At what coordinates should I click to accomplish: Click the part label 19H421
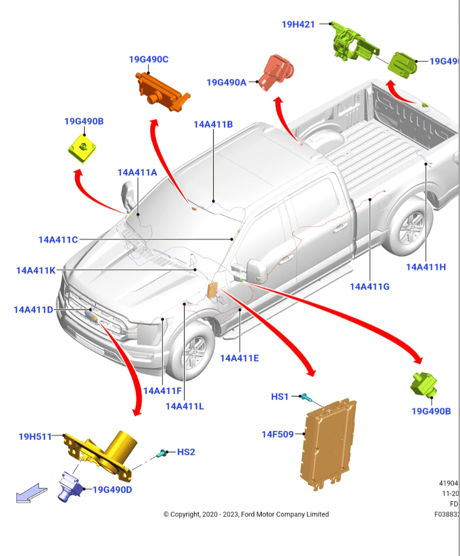[298, 24]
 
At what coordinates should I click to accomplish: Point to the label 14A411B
[213, 124]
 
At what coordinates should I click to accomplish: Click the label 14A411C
[58, 240]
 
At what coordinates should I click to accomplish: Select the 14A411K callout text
[36, 270]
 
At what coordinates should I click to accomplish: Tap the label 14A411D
[33, 310]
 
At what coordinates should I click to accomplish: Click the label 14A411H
[426, 267]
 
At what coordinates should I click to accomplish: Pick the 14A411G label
[370, 287]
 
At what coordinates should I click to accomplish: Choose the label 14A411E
[240, 358]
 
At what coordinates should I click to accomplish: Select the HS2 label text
[186, 452]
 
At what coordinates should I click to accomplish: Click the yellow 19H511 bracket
[103, 452]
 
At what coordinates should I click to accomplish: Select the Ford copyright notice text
[246, 514]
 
